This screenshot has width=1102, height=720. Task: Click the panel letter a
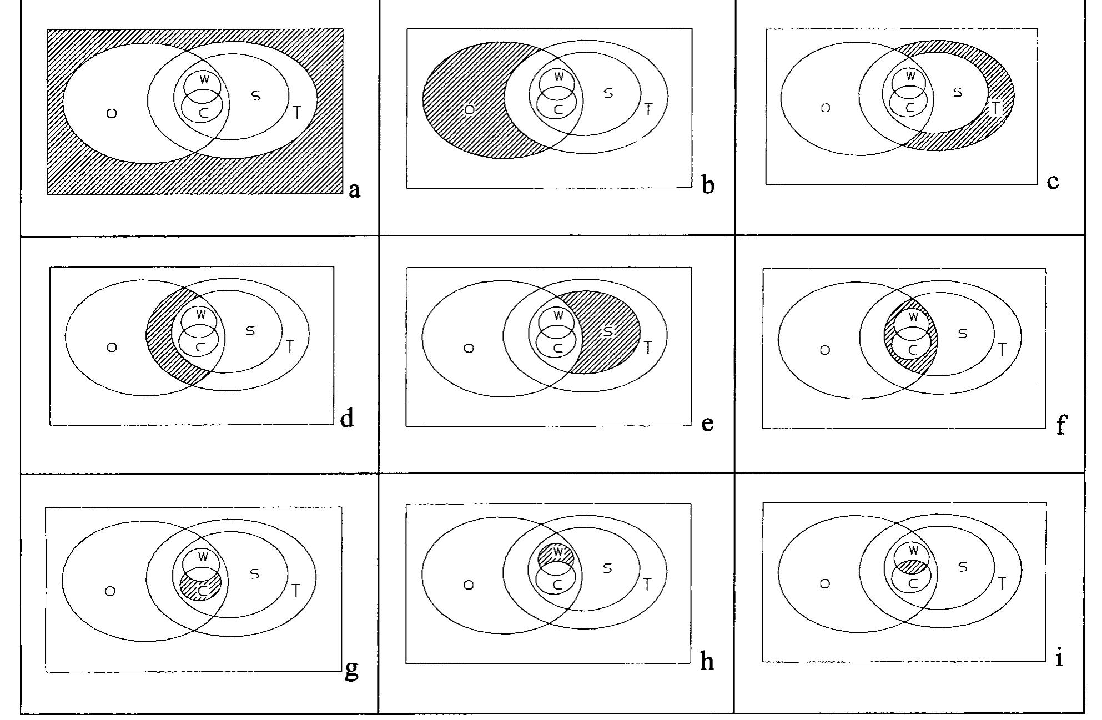[x=355, y=190]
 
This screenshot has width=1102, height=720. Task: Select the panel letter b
[x=707, y=184]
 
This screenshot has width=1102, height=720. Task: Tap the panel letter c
[x=1053, y=181]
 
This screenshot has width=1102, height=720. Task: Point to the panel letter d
[x=347, y=418]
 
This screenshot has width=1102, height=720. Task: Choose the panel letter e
[x=707, y=424]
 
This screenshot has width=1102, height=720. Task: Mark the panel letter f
[x=1060, y=426]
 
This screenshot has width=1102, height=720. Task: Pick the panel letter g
[x=351, y=670]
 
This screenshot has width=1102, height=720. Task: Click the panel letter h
[x=707, y=662]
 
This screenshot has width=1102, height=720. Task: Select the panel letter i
[x=1059, y=659]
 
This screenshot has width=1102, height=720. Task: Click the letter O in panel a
[x=112, y=113]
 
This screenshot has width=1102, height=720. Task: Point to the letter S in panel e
[x=608, y=331]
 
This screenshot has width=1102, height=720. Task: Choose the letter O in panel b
[x=469, y=110]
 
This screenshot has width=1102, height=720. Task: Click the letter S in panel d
[x=250, y=331]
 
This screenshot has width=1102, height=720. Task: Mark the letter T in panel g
[x=295, y=591]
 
